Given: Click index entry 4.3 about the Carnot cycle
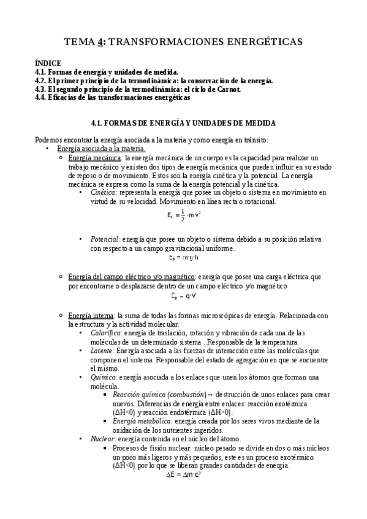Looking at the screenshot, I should (x=138, y=89).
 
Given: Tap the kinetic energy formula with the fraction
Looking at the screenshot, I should (x=184, y=215).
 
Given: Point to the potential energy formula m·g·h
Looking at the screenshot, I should (x=183, y=258).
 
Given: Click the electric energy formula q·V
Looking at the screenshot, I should (x=183, y=297).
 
